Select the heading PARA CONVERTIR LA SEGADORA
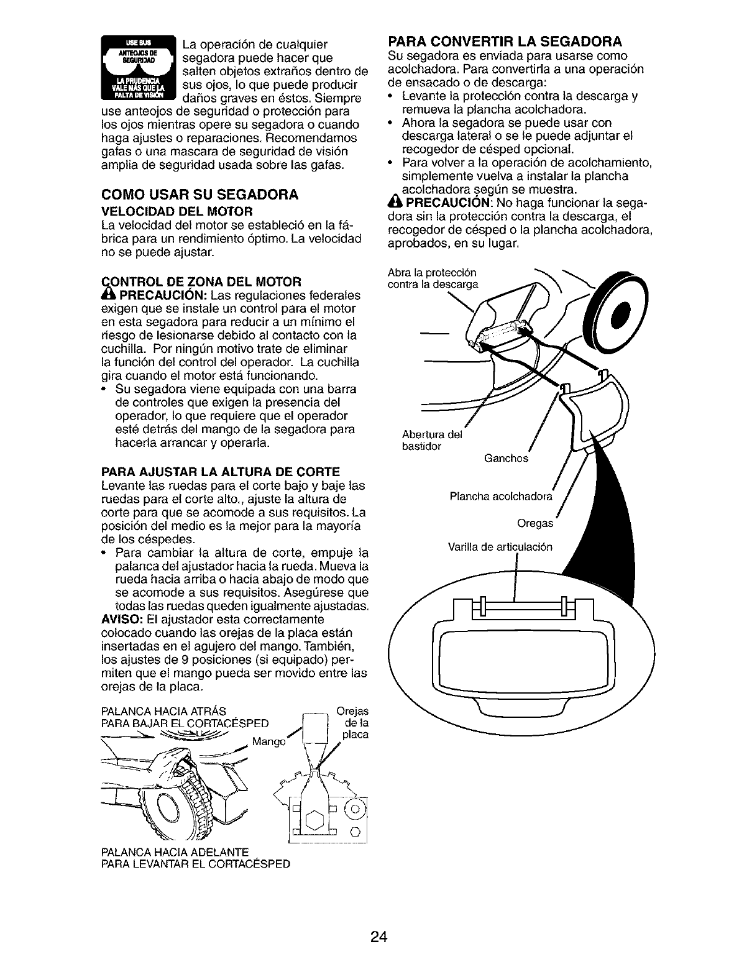(504, 42)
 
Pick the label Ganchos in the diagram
(505, 459)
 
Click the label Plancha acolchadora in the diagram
(500, 497)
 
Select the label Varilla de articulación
(500, 548)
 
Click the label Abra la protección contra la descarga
(432, 279)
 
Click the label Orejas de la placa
(352, 723)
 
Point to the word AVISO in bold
(117, 620)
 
